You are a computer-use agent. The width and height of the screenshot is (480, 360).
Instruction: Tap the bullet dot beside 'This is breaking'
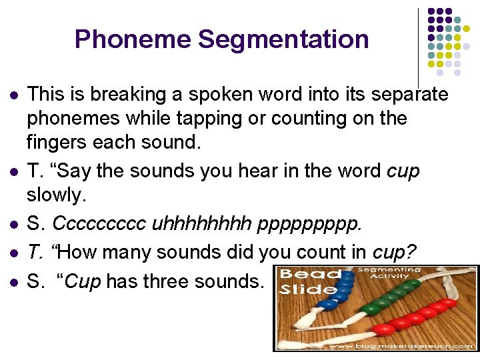pyautogui.click(x=12, y=95)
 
